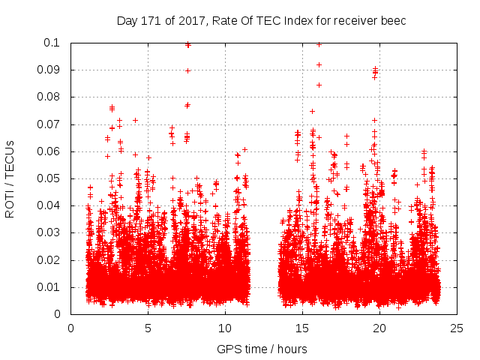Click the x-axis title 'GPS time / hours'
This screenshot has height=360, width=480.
pos(263,349)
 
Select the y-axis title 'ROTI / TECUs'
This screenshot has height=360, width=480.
pos(10,178)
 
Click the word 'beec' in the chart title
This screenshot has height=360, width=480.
pos(394,20)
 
